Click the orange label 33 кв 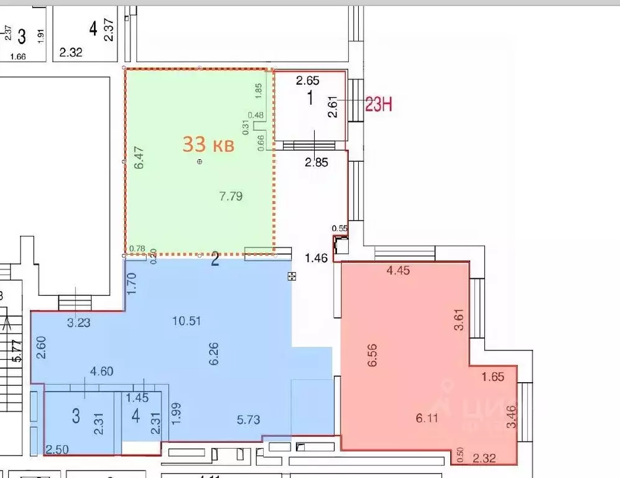tap(208, 145)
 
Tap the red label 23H tap(378, 105)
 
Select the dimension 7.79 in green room tap(231, 197)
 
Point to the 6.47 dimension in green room tap(139, 157)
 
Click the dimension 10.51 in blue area tap(187, 321)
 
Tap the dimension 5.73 tap(248, 419)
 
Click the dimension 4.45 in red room tap(398, 270)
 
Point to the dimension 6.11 tap(427, 418)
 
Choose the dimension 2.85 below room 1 tap(315, 162)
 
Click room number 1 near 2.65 tap(309, 98)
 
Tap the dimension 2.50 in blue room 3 tap(57, 449)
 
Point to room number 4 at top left tap(93, 29)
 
